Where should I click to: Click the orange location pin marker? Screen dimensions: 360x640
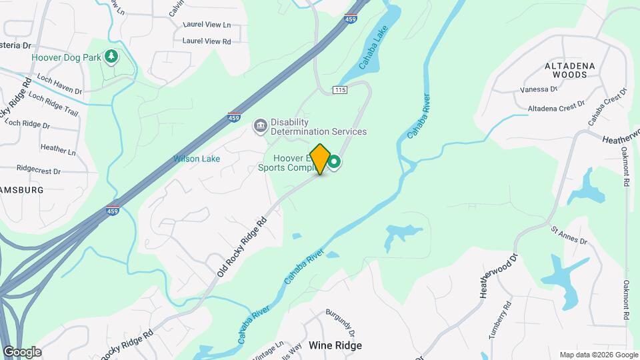320,159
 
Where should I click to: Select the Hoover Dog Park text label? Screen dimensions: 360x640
66,57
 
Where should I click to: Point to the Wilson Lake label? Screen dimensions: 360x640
197,159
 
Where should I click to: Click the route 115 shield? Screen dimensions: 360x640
340,90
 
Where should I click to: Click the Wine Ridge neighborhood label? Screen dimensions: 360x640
335,345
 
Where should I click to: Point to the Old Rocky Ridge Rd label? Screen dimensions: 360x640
241,247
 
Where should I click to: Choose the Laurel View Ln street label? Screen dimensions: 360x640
207,25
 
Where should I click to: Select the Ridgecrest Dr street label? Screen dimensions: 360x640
39,170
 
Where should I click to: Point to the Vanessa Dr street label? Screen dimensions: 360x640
539,89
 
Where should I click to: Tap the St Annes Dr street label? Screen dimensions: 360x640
569,236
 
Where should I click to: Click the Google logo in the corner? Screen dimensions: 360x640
22,352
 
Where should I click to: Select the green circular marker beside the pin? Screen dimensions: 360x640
334,162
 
